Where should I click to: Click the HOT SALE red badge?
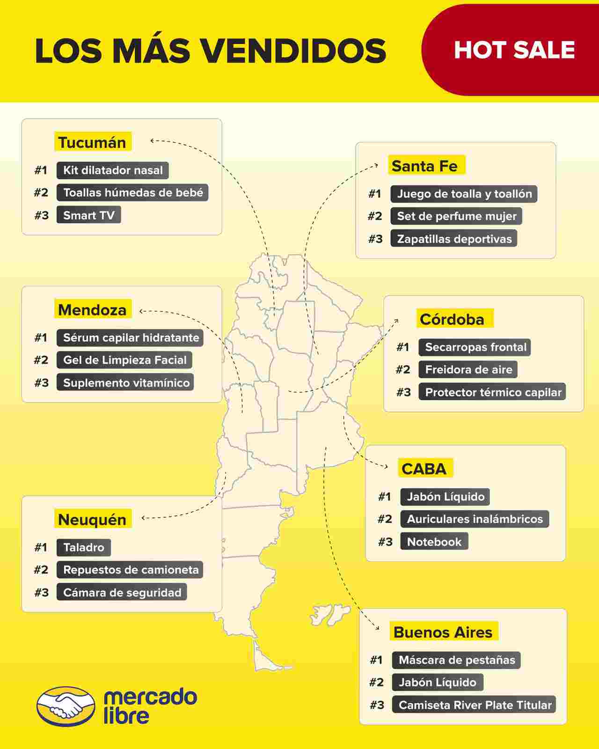pos(514,50)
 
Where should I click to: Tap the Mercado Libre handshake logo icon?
pos(66,706)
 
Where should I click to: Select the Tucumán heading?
pos(92,142)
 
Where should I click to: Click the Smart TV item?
pos(88,215)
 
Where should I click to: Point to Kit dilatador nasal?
pos(112,170)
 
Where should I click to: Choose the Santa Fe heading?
pos(425,166)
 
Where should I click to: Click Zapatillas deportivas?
pos(454,239)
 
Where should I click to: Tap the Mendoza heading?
pos(92,310)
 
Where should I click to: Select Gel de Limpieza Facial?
pos(124,360)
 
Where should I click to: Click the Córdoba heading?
pos(452,319)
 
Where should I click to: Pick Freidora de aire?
pos(468,370)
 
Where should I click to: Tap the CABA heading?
pos(424,469)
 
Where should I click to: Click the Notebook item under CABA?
pos(434,542)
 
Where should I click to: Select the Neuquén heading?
pos(92,520)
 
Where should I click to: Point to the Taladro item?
pos(83,547)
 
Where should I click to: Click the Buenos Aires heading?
pos(443,632)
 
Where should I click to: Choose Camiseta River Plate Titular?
pos(475,705)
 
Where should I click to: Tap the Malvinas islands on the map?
pos(329,614)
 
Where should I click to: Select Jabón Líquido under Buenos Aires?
pos(437,683)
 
